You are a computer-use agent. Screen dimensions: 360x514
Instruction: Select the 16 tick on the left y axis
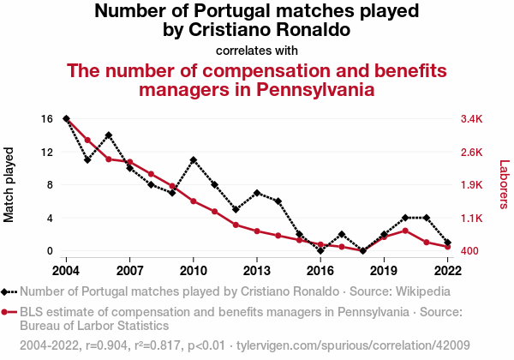(x=47, y=118)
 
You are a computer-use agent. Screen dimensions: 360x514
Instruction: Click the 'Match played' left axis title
(x=10, y=185)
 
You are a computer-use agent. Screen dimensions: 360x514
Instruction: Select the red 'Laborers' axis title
(x=504, y=185)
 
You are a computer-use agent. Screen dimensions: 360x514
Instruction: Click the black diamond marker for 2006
(x=109, y=135)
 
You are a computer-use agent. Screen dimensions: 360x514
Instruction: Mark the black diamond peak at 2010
(x=194, y=160)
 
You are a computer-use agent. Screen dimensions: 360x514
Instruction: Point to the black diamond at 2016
(x=320, y=251)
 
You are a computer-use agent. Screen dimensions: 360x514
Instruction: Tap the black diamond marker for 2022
(x=448, y=243)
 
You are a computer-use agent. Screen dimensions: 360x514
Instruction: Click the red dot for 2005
(x=87, y=140)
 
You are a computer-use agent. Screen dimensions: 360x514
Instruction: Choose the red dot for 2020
(x=405, y=231)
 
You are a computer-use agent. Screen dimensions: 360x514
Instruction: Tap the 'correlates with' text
(x=256, y=50)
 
